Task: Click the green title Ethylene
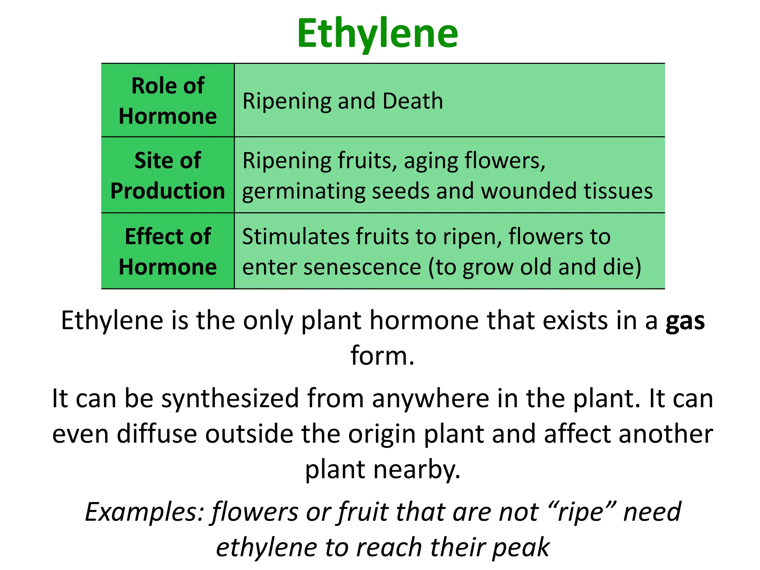click(377, 34)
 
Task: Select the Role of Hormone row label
click(168, 101)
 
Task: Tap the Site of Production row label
click(168, 176)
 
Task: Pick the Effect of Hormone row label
click(168, 251)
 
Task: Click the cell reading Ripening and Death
click(343, 101)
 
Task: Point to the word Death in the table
click(413, 101)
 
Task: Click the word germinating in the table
click(303, 191)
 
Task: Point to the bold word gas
click(685, 321)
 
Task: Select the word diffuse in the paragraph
click(157, 434)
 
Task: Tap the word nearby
click(417, 470)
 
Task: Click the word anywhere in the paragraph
click(430, 399)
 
